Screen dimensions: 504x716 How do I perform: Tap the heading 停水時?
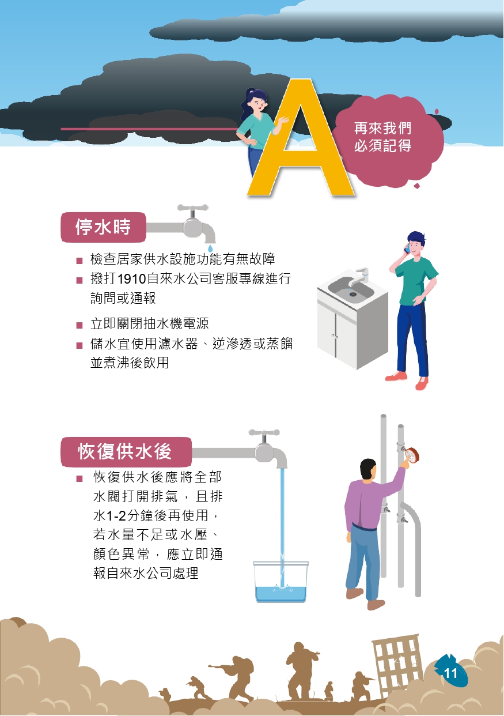pyautogui.click(x=103, y=227)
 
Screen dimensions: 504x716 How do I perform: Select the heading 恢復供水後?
pyautogui.click(x=124, y=451)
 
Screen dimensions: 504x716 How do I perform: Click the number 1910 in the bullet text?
pyautogui.click(x=131, y=279)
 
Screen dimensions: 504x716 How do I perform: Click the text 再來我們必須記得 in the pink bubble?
pyautogui.click(x=382, y=137)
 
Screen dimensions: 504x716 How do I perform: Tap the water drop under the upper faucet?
pyautogui.click(x=210, y=248)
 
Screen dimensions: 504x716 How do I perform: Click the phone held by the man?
pyautogui.click(x=407, y=248)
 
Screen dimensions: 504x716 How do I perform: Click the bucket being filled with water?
pyautogui.click(x=281, y=582)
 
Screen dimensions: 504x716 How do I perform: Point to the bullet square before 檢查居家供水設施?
pyautogui.click(x=79, y=261)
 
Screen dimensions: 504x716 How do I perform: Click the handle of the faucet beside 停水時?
pyautogui.click(x=192, y=208)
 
